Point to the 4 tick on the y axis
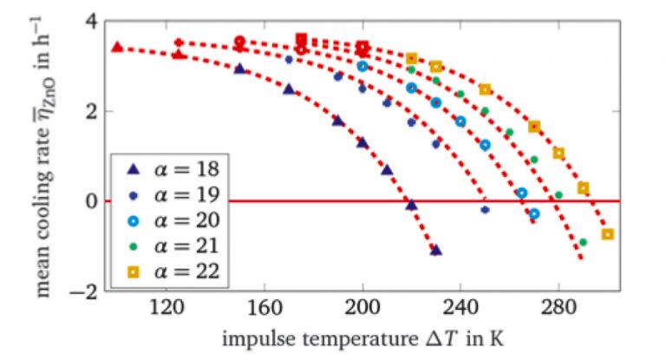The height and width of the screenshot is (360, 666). [x=86, y=22]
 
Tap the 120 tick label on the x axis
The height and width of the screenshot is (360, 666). [x=167, y=309]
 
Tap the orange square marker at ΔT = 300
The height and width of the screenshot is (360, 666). [x=607, y=234]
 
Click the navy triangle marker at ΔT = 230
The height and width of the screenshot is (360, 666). [x=436, y=250]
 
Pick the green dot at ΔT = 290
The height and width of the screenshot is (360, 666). [x=583, y=242]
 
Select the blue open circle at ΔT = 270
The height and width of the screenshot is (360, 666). [x=534, y=213]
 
